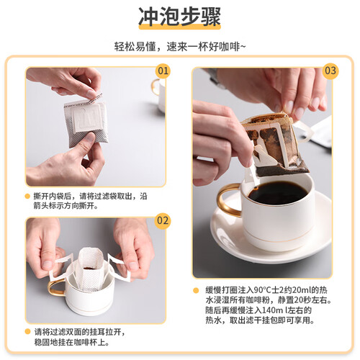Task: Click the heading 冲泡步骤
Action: pos(179,17)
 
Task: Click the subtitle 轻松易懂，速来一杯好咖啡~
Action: pos(180,46)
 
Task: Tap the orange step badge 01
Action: pos(163,71)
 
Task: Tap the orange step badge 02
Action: pos(163,221)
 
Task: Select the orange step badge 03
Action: pos(330,71)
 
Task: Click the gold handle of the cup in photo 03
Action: pos(225,200)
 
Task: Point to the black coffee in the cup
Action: pos(278,193)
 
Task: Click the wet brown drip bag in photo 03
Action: pos(275,145)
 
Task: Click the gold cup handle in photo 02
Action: pos(55,287)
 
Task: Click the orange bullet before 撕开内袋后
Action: pos(27,197)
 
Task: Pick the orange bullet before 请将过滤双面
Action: pos(27,332)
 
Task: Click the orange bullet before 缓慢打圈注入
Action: pos(196,290)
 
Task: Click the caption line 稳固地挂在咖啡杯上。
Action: pos(72,342)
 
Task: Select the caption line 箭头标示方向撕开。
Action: pos(66,206)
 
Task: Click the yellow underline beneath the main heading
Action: pos(180,27)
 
